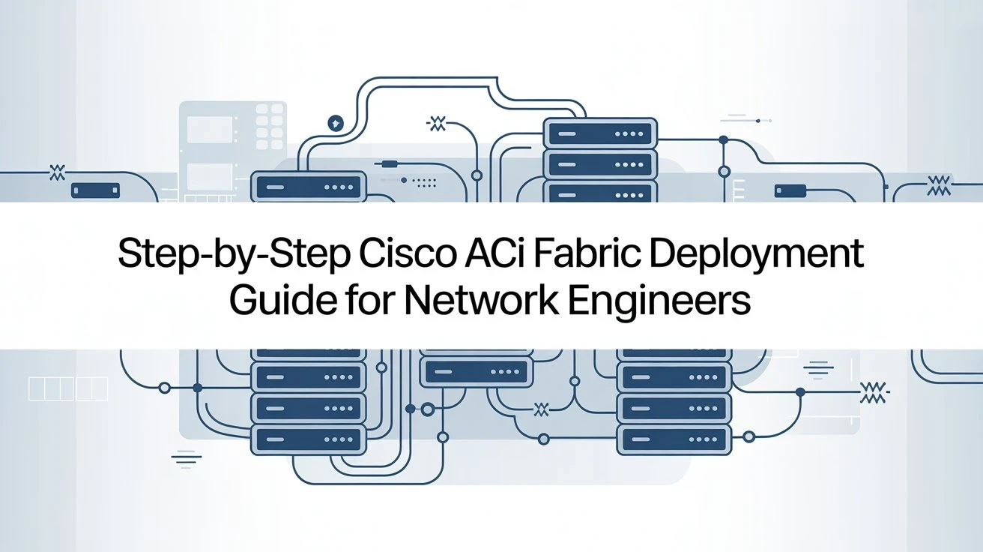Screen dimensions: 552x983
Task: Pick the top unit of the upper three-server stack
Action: click(x=599, y=134)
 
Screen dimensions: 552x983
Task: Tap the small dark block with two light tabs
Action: click(x=94, y=189)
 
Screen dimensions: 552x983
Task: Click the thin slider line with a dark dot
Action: click(x=745, y=119)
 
